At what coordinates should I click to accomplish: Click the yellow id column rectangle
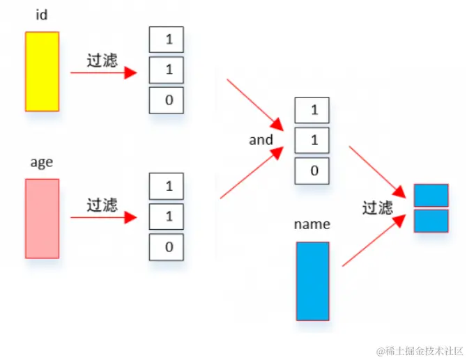[42, 71]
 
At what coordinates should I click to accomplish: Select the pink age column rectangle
[42, 218]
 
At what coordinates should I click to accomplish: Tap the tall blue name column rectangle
[312, 281]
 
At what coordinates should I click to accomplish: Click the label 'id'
[41, 15]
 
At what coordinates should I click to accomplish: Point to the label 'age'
[41, 162]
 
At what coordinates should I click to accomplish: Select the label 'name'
[312, 224]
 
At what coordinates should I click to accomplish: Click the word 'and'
[261, 140]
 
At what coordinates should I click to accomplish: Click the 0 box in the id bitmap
[167, 100]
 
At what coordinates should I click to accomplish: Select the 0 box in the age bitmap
[167, 247]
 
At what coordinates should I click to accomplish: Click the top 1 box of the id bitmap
[167, 39]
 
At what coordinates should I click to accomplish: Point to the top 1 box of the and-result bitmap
[312, 110]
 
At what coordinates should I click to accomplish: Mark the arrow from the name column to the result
[374, 241]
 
